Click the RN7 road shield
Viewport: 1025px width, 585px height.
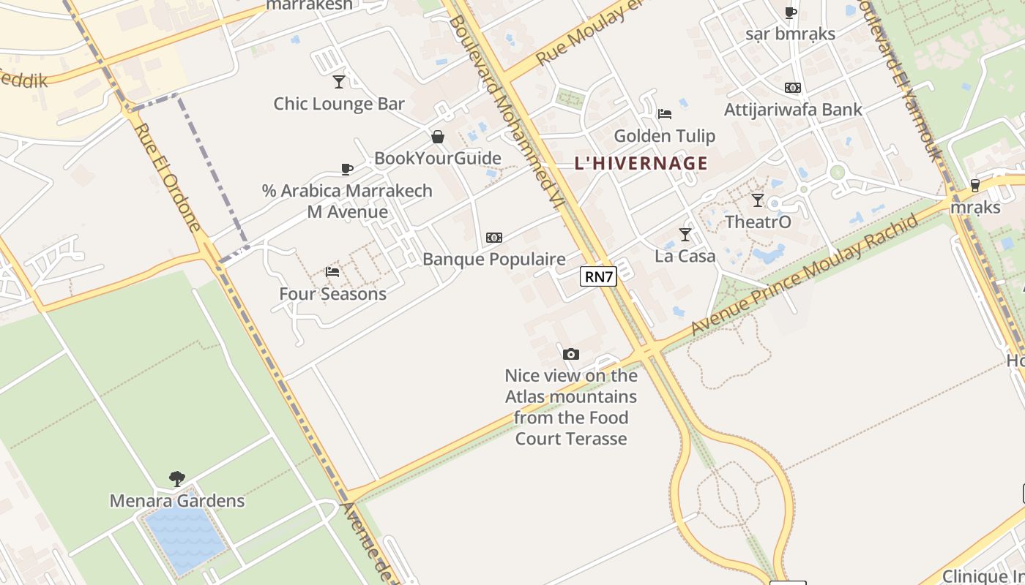598,276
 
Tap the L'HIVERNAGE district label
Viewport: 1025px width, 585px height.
641,163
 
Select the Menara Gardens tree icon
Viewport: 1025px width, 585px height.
176,480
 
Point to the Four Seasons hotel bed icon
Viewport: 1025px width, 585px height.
332,272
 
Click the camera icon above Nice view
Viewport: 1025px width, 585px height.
571,354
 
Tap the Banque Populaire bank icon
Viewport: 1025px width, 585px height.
494,238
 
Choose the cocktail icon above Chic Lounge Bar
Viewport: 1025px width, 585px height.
338,81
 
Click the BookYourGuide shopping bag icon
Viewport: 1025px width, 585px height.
438,137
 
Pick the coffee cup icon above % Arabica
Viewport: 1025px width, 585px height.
347,170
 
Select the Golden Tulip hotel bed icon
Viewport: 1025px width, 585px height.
665,113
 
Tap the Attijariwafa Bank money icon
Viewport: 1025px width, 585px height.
793,88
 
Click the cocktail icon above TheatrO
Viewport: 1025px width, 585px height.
758,200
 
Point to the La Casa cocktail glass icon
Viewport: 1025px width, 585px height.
685,235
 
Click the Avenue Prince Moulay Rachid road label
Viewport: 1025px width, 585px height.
805,274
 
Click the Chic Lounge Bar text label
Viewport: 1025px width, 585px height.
339,104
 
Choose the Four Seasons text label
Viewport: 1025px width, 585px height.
332,294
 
